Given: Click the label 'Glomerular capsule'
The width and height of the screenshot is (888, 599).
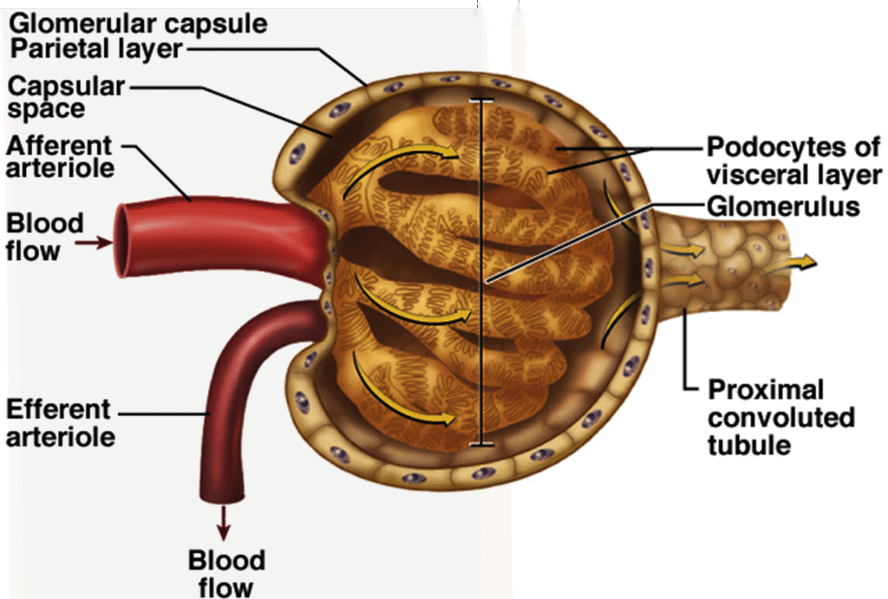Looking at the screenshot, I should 138,22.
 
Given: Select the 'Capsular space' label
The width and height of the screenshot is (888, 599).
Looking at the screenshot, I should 65,97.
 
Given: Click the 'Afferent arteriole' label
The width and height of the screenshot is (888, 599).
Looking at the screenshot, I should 59,156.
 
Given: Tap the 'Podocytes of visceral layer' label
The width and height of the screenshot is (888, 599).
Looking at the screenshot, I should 793,160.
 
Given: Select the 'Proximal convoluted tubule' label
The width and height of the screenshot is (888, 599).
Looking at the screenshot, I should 780,417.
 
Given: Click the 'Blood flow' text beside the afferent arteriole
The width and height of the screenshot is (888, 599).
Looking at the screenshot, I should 45,237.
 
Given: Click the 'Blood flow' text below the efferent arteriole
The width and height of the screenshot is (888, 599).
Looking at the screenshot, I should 226,573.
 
